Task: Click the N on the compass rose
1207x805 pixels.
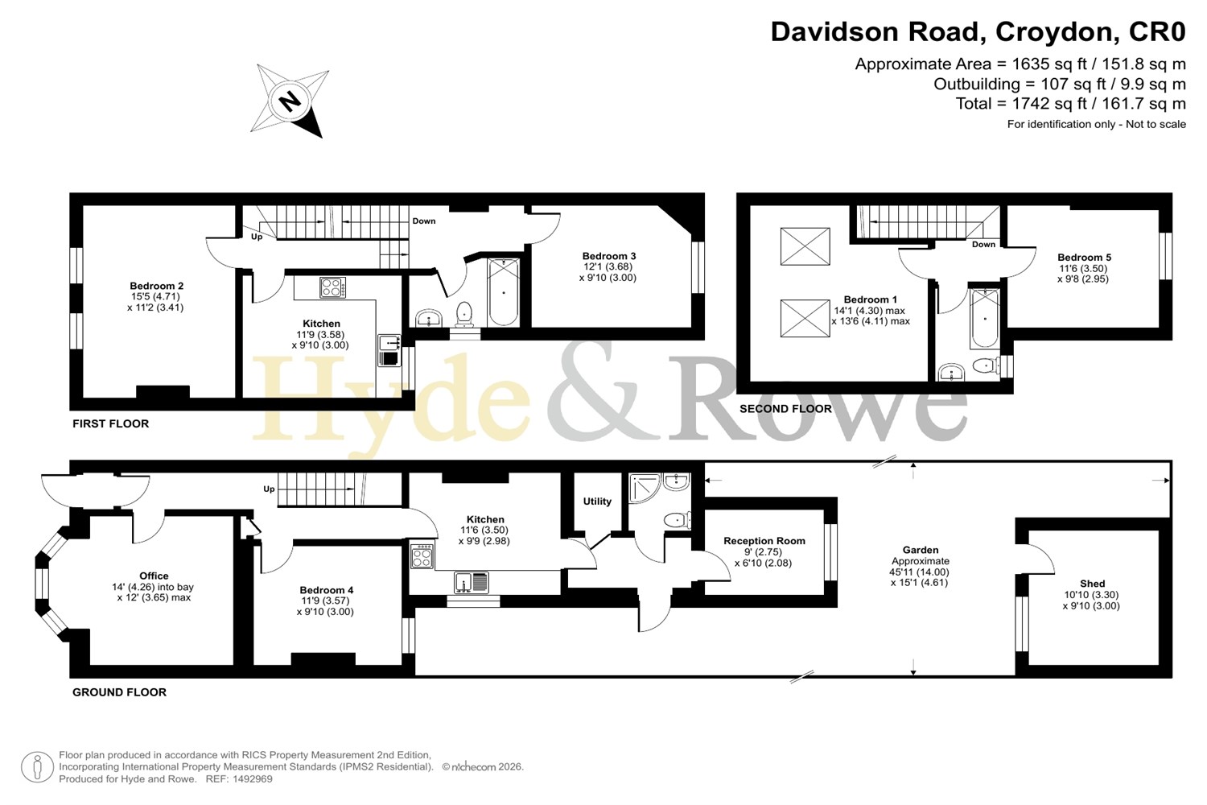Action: tap(291, 101)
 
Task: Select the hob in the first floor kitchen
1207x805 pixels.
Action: tap(333, 287)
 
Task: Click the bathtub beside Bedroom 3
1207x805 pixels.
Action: tap(503, 292)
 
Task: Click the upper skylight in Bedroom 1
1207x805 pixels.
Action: tap(805, 246)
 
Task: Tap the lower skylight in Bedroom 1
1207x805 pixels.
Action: tap(805, 318)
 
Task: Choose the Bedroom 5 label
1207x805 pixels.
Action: tap(1084, 258)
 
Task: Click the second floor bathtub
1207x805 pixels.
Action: tap(985, 318)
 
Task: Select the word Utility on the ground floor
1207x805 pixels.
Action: tap(597, 502)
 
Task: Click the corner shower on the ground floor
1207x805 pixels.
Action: tap(645, 489)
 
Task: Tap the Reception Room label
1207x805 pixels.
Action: tap(764, 541)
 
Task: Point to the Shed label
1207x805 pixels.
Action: tap(1092, 584)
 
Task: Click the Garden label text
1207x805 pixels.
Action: tap(921, 550)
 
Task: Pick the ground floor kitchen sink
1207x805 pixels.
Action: tap(472, 583)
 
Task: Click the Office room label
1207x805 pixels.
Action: tap(154, 576)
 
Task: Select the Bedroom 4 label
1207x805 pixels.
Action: tap(327, 590)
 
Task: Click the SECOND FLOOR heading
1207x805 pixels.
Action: tap(785, 409)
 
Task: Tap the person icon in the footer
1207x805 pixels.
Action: tap(37, 766)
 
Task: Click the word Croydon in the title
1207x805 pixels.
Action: tap(1053, 32)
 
